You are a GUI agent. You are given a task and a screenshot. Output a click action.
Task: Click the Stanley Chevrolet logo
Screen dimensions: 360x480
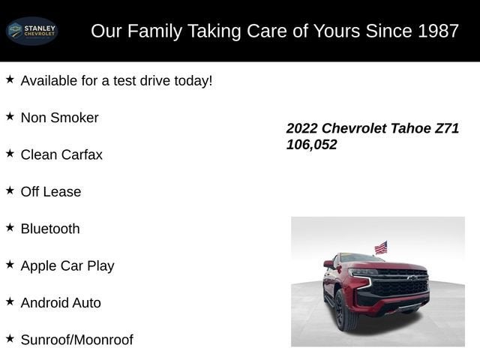click(31, 31)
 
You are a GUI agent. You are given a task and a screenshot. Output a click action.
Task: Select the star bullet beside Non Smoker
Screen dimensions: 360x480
click(10, 116)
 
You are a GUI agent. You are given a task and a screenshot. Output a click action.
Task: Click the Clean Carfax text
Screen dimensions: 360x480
click(61, 154)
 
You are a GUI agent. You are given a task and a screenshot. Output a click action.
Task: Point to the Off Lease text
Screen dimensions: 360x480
click(51, 192)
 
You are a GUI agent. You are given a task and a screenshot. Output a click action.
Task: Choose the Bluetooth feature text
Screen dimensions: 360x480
click(50, 229)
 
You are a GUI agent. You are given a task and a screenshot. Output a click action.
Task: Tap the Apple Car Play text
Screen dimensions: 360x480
click(67, 265)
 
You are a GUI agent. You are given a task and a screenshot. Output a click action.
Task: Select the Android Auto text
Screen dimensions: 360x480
click(61, 303)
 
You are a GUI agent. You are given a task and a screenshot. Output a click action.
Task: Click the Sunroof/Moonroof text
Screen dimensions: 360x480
click(76, 340)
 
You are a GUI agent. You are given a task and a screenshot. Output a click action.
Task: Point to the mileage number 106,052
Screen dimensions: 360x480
click(311, 145)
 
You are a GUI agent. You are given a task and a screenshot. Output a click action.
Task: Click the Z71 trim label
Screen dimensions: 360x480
click(447, 128)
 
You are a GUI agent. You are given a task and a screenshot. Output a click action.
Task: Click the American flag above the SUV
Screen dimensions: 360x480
click(381, 247)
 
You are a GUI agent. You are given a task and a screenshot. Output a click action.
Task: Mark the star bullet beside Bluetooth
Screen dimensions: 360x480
click(10, 227)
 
